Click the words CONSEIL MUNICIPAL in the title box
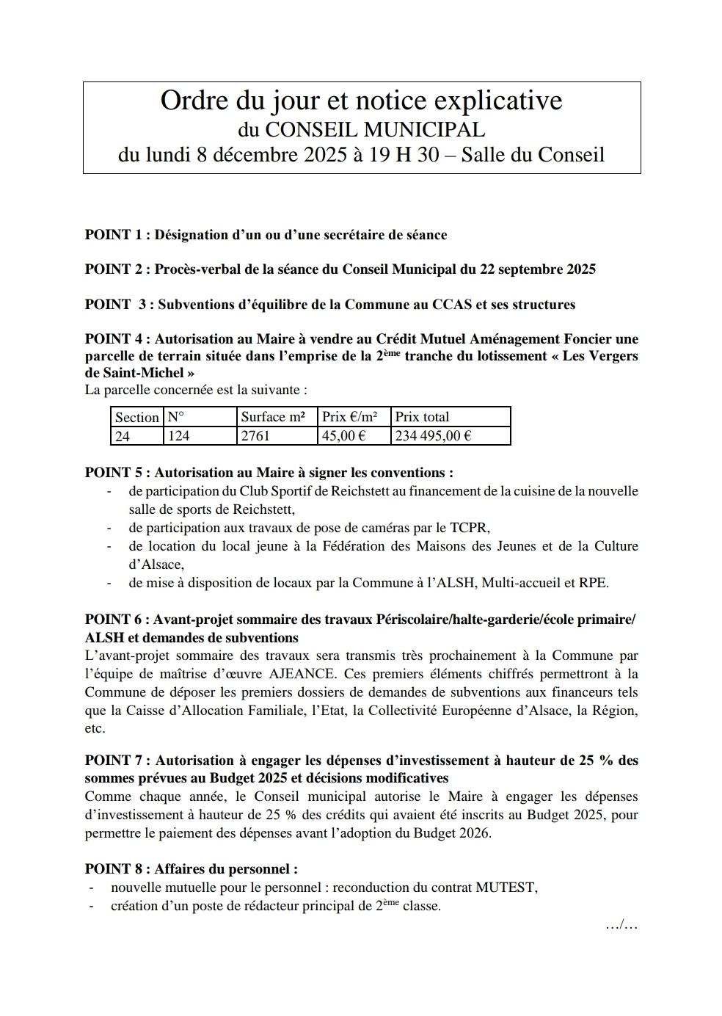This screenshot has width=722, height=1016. click(374, 130)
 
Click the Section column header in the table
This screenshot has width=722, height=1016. click(136, 417)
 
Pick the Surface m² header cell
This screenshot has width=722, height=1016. click(273, 417)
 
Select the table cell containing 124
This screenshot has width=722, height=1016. click(178, 435)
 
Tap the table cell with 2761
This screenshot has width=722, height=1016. click(255, 435)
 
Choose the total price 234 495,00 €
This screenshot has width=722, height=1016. click(433, 435)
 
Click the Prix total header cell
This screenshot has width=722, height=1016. click(422, 417)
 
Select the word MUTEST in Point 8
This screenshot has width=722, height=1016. click(506, 888)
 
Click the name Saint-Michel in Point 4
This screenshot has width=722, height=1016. click(135, 373)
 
